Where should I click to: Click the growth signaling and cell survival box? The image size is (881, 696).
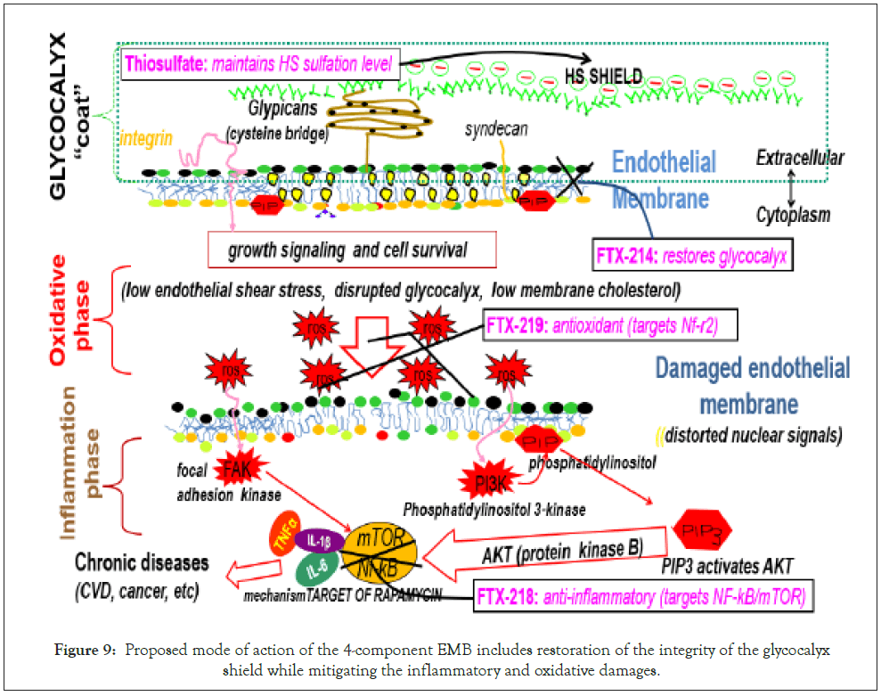coord(351,250)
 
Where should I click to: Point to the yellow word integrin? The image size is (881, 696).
coord(146,139)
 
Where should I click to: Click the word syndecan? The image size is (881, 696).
coord(493,130)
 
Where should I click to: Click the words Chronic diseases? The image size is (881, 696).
coord(142,563)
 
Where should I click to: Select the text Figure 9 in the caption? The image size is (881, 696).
coord(77,651)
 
